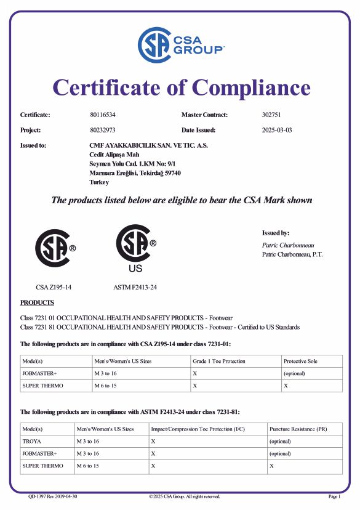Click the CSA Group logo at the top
180,44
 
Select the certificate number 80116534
102,115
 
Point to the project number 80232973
102,130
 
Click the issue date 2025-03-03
276,130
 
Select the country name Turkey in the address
99,182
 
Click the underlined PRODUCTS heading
37,302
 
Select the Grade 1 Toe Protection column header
218,361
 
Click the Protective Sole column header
300,361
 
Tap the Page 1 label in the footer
334,496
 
